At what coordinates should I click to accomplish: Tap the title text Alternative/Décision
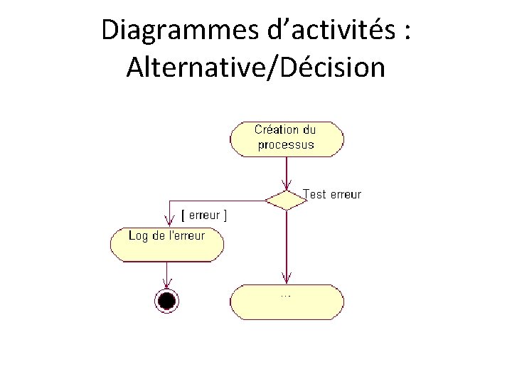[255, 68]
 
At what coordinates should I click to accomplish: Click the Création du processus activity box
[286, 138]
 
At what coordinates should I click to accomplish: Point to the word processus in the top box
[285, 145]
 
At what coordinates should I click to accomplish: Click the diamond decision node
[286, 199]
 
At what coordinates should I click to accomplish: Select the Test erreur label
[332, 194]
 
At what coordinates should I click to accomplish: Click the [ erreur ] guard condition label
[205, 214]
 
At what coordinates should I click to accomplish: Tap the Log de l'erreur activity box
[166, 244]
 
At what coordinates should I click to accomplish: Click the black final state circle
[166, 300]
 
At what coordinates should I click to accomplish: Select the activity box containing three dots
[286, 301]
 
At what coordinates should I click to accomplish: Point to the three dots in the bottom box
[285, 294]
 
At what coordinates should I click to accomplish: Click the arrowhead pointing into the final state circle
[166, 284]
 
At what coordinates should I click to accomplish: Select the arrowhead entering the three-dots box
[286, 279]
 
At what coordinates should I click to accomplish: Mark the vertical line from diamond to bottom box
[286, 242]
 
